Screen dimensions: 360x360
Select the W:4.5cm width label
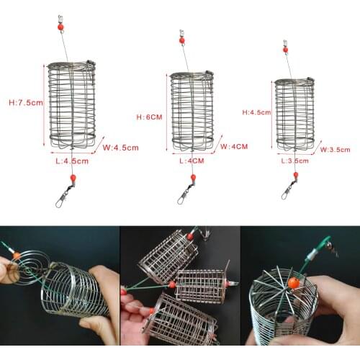pos(121,147)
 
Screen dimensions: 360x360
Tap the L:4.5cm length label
pos(73,161)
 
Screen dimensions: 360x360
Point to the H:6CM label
pos(149,115)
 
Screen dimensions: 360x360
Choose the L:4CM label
pos(192,161)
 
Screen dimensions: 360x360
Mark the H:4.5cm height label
pos(256,112)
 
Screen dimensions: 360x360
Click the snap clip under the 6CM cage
pos(186,192)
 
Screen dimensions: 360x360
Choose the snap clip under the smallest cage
pos(289,189)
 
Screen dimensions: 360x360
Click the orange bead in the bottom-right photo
pos(293,283)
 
